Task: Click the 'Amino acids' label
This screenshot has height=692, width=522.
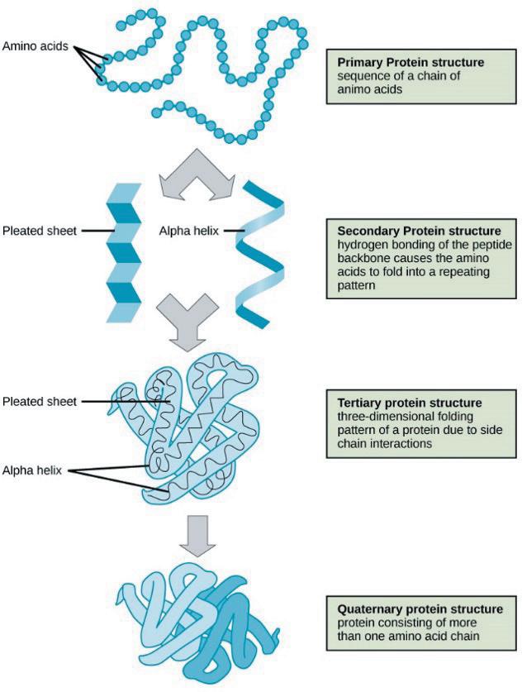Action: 36,46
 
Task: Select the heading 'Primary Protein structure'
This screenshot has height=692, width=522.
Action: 410,62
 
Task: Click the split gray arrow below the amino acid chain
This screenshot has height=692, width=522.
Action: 196,173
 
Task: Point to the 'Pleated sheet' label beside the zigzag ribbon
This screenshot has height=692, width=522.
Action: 40,231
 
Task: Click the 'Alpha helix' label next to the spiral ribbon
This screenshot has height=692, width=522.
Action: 188,231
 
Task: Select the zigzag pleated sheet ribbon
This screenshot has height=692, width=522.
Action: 124,252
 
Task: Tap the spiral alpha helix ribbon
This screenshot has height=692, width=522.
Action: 260,254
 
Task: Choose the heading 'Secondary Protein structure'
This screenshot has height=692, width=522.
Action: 419,231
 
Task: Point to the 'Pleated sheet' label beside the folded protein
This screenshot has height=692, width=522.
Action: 40,402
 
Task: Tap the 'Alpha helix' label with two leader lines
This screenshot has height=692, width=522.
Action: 31,470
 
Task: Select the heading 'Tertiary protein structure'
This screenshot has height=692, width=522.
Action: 410,403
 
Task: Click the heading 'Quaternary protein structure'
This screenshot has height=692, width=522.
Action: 420,609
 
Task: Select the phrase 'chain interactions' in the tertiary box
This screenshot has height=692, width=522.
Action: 384,443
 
